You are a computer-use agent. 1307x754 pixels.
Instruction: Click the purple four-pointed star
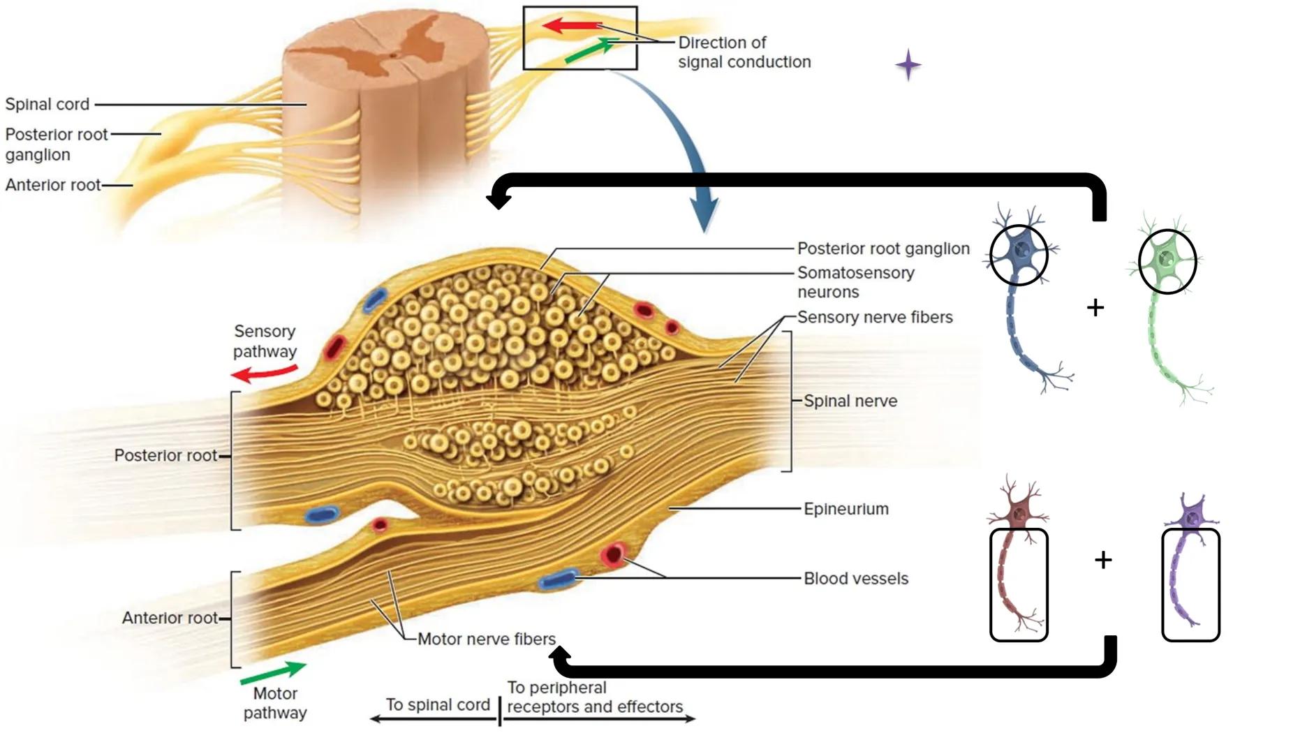(908, 65)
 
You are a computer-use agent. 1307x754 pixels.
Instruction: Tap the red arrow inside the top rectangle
(571, 27)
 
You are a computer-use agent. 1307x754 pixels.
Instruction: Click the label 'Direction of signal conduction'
(743, 52)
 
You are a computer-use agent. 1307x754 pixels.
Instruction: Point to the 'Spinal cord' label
(47, 104)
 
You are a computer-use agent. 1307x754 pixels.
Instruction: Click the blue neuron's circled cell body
(1019, 254)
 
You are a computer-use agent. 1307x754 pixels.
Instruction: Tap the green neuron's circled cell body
(1167, 261)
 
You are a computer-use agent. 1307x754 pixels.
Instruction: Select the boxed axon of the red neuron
(1018, 585)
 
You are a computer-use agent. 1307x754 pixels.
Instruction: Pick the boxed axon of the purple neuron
(1190, 585)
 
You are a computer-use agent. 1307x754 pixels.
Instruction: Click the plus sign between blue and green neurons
(1095, 307)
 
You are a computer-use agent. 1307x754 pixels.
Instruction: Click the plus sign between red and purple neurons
(1102, 559)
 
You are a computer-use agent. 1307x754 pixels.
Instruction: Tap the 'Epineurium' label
(846, 509)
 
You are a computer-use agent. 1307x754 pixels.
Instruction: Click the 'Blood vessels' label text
(855, 579)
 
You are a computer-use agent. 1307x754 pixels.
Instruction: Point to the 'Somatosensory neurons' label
(855, 282)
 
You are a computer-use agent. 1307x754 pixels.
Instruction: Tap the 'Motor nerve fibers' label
(486, 639)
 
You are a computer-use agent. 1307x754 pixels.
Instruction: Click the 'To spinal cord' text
(438, 704)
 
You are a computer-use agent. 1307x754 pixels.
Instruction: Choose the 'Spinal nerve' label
(850, 401)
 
